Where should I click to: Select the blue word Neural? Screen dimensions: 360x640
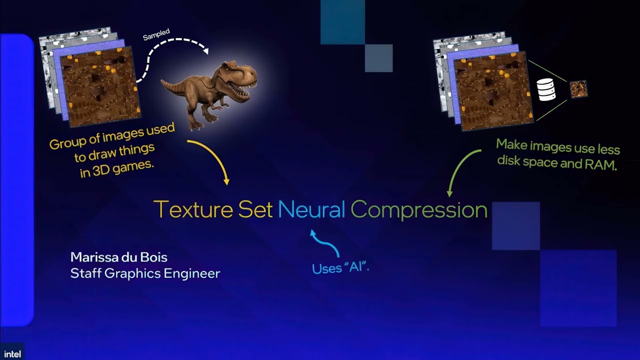311,209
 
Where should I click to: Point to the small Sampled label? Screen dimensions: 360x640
156,35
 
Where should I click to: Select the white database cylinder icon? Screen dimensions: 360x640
546,89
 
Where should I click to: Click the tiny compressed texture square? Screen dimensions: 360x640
578,89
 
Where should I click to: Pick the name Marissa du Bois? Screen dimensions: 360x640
119,257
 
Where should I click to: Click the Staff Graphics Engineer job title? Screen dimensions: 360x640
145,273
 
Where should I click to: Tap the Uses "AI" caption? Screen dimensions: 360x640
340,267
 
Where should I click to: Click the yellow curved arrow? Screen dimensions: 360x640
212,157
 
